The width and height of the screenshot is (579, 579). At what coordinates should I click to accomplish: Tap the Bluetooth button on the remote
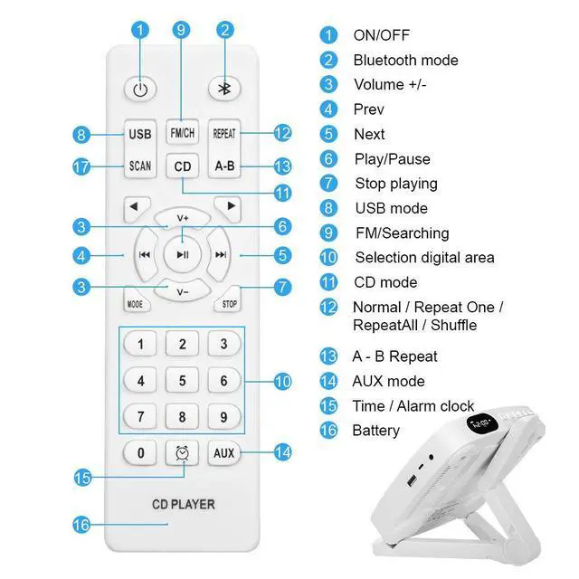click(x=223, y=89)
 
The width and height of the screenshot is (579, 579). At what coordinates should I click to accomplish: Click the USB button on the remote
click(x=140, y=134)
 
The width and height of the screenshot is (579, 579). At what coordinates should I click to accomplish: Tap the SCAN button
click(x=140, y=166)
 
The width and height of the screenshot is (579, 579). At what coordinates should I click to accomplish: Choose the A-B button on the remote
click(x=224, y=166)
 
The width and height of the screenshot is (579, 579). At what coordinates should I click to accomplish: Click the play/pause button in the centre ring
click(x=183, y=255)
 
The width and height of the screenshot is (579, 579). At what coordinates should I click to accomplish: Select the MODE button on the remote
click(x=135, y=302)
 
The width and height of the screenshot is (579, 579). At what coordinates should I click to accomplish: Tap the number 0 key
click(x=140, y=452)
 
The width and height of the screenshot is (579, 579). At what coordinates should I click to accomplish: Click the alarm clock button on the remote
click(x=182, y=452)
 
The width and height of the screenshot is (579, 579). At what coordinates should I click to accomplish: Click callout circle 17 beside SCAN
click(x=83, y=166)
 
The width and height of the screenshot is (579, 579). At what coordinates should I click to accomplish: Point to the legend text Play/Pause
click(x=392, y=159)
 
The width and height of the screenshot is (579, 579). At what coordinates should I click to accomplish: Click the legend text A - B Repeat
click(x=394, y=356)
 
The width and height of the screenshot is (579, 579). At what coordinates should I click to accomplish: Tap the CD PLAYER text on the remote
click(x=182, y=503)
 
